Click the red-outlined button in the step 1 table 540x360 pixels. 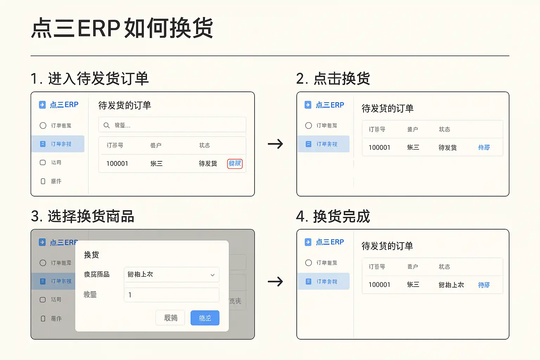point(235,163)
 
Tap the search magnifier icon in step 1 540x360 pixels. point(107,125)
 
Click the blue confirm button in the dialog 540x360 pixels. point(205,318)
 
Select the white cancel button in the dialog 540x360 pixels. point(171,318)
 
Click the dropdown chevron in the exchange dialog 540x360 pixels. point(212,275)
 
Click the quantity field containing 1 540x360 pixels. point(172,295)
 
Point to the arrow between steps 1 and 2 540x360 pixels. point(275,144)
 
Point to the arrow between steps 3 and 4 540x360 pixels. point(275,281)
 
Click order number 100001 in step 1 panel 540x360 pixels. point(117,163)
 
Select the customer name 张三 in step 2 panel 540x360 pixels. point(413,147)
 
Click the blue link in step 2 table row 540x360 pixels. point(484,147)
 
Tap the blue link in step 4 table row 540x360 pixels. point(484,285)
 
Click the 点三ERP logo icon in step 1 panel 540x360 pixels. point(42,105)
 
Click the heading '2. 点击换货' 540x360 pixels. point(333,78)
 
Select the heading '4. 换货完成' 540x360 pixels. point(333,216)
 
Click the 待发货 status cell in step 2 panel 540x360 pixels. point(448,147)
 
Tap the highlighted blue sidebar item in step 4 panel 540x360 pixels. point(323,281)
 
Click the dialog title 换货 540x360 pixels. point(91,255)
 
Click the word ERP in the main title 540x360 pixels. point(99,28)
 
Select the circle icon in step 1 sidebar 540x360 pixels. point(43,126)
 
